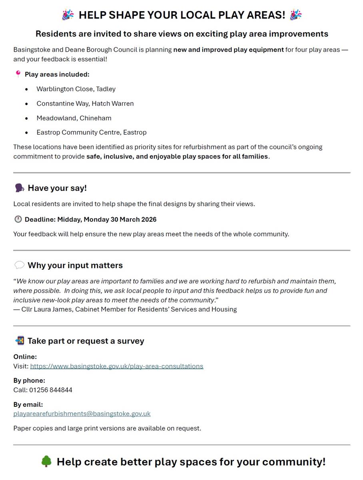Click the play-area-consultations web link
[x=116, y=366]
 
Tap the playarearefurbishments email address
[x=82, y=414]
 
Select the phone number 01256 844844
[x=51, y=390]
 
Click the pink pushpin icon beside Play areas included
[x=18, y=74]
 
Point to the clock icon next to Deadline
[x=18, y=219]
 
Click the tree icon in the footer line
[x=47, y=462]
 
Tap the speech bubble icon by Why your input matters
[x=19, y=265]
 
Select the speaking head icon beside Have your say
[x=19, y=188]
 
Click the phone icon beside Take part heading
[x=19, y=341]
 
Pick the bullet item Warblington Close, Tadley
[x=76, y=89]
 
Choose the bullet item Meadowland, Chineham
[x=74, y=118]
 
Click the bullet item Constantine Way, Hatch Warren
[x=85, y=103]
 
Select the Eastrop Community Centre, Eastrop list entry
[x=92, y=132]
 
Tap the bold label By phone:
[x=29, y=380]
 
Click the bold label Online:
[x=25, y=356]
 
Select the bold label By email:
[x=28, y=404]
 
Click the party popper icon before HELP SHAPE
[x=68, y=15]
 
